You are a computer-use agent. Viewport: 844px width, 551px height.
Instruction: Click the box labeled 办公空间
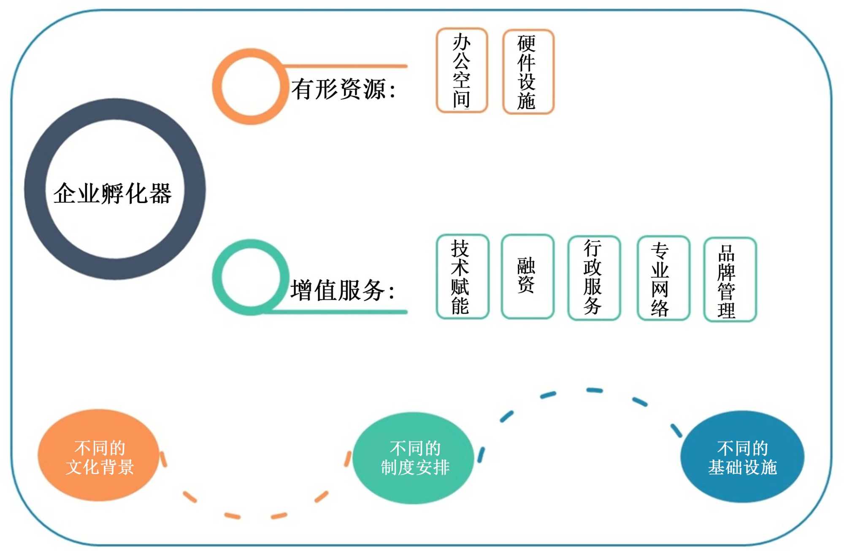462,71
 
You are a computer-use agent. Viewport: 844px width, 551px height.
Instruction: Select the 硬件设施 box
528,72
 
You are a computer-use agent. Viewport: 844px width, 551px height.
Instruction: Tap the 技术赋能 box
462,277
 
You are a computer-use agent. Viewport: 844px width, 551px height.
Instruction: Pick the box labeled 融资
527,277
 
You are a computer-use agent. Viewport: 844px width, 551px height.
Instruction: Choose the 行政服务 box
594,277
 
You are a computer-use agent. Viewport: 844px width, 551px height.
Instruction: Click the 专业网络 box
663,278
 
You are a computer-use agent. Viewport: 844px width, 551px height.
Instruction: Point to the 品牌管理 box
730,280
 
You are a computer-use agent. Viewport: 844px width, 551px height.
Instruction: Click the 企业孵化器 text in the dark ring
113,193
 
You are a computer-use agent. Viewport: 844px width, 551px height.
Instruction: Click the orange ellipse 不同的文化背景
99,455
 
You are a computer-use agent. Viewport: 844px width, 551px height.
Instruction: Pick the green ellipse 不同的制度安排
414,458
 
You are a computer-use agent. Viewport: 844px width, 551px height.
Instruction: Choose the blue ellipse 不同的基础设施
742,457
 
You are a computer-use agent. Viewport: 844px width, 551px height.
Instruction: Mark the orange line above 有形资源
346,66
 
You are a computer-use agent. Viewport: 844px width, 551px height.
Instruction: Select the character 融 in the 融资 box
526,266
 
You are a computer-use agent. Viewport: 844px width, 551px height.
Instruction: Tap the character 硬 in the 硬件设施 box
526,43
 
